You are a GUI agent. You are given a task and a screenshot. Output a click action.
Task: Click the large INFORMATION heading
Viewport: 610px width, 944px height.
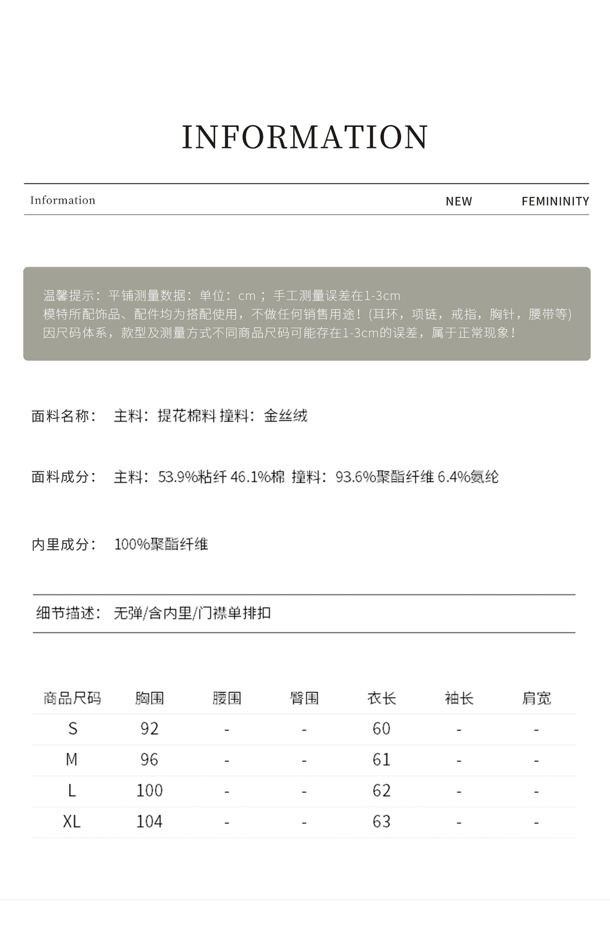coord(305,137)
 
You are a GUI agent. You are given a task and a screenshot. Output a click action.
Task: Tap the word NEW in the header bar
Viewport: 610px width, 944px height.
coord(459,201)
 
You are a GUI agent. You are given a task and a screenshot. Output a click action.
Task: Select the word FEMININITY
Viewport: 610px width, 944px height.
coord(555,201)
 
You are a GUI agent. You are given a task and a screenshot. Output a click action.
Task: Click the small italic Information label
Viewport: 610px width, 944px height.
coord(62,200)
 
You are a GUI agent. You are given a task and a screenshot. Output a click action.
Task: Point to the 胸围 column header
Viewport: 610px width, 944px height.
coord(149,698)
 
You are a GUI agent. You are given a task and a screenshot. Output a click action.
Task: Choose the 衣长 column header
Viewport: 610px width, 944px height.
coord(381,698)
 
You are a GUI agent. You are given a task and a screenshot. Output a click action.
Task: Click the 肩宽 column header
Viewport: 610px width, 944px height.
coord(536,698)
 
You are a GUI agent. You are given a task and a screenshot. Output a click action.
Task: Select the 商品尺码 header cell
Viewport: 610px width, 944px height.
coord(72,698)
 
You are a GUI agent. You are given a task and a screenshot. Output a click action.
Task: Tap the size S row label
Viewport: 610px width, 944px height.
coord(72,729)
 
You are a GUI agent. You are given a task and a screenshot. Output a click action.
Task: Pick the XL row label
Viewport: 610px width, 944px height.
coord(72,822)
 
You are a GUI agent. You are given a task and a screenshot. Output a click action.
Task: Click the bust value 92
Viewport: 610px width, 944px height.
coord(149,729)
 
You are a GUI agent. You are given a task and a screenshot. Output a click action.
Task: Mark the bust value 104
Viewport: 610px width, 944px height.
coord(149,822)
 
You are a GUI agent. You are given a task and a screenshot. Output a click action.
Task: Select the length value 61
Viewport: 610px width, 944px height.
coord(381,760)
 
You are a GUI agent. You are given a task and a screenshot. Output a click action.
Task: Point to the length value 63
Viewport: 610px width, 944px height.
coord(381,822)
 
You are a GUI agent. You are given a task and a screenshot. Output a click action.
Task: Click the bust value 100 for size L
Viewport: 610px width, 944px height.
coord(149,791)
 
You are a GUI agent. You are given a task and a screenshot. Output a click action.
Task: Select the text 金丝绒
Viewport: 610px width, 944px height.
coord(286,416)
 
